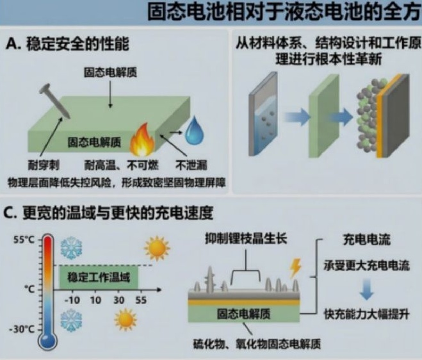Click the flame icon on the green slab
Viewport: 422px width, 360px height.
(142, 140)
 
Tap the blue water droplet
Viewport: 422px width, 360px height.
(194, 131)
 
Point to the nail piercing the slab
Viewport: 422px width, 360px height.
(54, 101)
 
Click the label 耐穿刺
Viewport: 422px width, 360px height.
(44, 165)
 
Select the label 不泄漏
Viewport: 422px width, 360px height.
(191, 165)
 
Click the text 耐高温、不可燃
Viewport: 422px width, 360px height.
(122, 165)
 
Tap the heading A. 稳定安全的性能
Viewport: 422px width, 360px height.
(67, 44)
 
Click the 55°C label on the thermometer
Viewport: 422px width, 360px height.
(24, 240)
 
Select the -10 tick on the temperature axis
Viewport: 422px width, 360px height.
(72, 300)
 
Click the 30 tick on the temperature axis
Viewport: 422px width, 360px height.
(118, 300)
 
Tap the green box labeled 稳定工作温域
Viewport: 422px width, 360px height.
(99, 277)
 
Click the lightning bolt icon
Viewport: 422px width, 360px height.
(295, 268)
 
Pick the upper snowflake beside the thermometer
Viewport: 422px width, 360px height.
(71, 248)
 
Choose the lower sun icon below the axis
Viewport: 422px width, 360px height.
(126, 320)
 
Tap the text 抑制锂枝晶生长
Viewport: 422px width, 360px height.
(246, 238)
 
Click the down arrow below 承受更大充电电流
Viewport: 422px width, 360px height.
(366, 290)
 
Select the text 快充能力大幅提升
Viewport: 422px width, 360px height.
(366, 314)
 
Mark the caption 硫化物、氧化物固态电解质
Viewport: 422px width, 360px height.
(257, 344)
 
